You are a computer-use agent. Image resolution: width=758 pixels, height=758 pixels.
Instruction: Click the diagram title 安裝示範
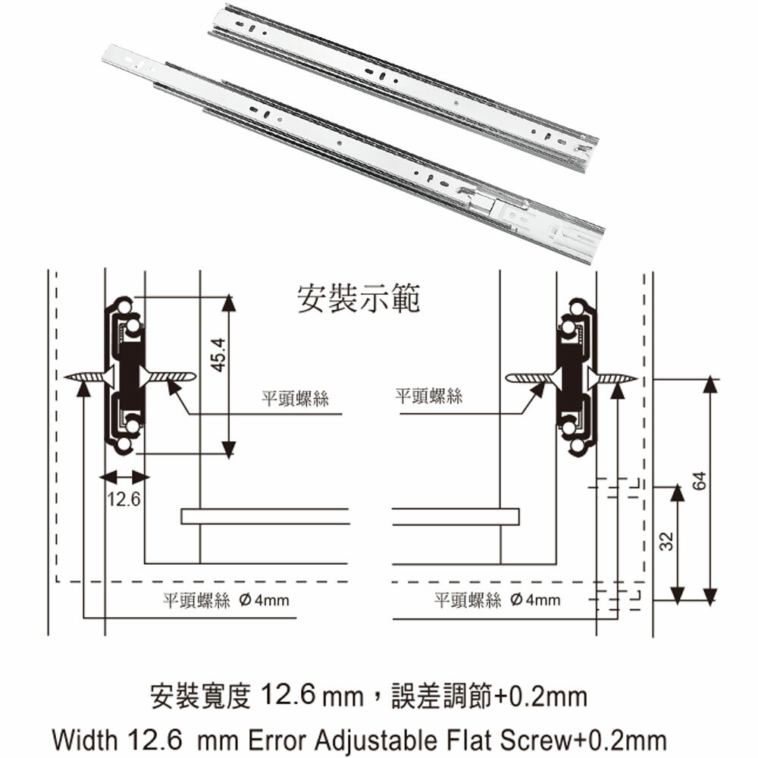[359, 299]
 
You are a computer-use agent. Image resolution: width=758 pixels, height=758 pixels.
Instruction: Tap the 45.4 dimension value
[219, 356]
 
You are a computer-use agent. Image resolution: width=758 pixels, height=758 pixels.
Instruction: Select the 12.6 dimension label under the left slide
[124, 499]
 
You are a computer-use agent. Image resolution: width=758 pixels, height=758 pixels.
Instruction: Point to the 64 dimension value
[700, 481]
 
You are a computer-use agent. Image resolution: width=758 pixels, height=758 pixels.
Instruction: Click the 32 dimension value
[666, 541]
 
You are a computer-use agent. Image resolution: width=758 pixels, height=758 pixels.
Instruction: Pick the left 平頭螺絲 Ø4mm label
[226, 600]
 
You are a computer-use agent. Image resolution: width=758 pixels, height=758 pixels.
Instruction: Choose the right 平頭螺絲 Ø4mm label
[497, 600]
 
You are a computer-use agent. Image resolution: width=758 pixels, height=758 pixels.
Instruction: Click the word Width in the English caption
[85, 740]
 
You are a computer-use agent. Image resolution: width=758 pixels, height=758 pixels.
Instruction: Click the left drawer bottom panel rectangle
[265, 516]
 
